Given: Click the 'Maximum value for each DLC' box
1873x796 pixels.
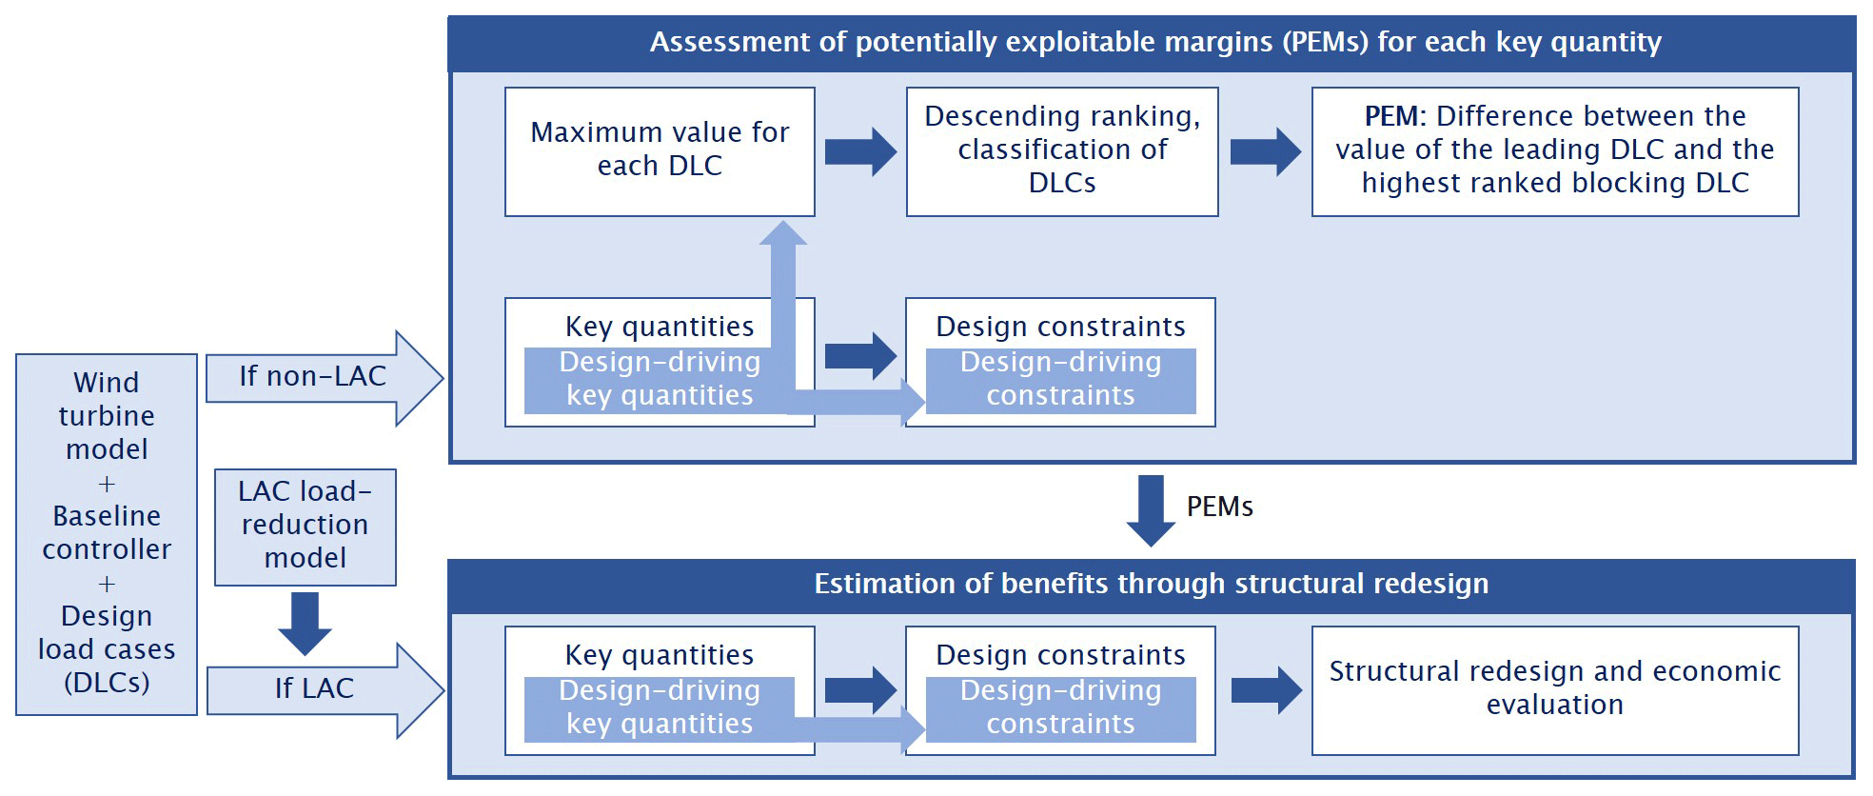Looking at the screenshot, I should pyautogui.click(x=660, y=151).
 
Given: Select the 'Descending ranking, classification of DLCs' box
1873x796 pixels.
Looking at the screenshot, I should pyautogui.click(x=1062, y=151).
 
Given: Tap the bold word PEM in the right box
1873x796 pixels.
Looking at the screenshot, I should pyautogui.click(x=1393, y=116).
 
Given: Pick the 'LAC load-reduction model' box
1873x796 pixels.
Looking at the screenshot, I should pyautogui.click(x=305, y=526).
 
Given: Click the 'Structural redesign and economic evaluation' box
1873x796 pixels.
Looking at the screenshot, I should pyautogui.click(x=1554, y=689).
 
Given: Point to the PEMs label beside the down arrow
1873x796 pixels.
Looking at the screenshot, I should pyautogui.click(x=1219, y=507).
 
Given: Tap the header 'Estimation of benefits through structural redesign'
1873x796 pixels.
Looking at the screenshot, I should pyautogui.click(x=1151, y=584).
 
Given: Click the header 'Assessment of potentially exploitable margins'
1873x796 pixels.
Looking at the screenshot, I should pyautogui.click(x=1154, y=43).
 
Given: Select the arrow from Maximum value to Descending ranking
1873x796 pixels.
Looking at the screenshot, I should pyautogui.click(x=859, y=151).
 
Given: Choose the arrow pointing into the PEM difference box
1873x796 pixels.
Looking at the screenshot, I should pyautogui.click(x=1265, y=151).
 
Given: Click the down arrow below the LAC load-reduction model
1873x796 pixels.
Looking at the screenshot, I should pyautogui.click(x=305, y=623).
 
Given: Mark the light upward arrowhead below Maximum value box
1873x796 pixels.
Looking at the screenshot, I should pyautogui.click(x=783, y=234).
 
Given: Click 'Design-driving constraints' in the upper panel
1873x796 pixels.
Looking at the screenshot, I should pyautogui.click(x=1060, y=379).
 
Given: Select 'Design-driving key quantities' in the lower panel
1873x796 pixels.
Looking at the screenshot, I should pyautogui.click(x=660, y=707).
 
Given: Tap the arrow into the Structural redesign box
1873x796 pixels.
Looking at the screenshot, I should pyautogui.click(x=1265, y=689).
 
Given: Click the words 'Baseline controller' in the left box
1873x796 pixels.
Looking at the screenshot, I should pyautogui.click(x=107, y=532).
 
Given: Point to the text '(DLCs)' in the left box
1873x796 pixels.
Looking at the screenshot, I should pyautogui.click(x=107, y=683).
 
